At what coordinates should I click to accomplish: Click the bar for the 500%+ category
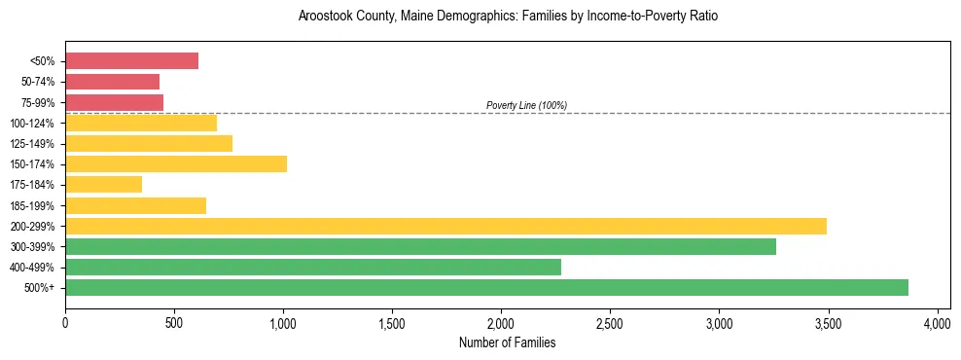click(x=486, y=287)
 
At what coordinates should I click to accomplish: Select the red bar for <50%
click(x=131, y=61)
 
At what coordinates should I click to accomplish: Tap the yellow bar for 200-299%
click(x=445, y=226)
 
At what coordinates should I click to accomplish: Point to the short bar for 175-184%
click(x=103, y=184)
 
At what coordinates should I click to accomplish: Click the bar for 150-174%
click(x=176, y=163)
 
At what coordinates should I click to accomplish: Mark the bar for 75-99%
click(x=114, y=102)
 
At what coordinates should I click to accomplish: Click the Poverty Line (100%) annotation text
click(x=526, y=105)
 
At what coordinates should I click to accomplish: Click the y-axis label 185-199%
click(x=32, y=205)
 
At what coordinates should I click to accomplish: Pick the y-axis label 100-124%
click(x=32, y=124)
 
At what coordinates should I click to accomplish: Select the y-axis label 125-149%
click(x=32, y=144)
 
